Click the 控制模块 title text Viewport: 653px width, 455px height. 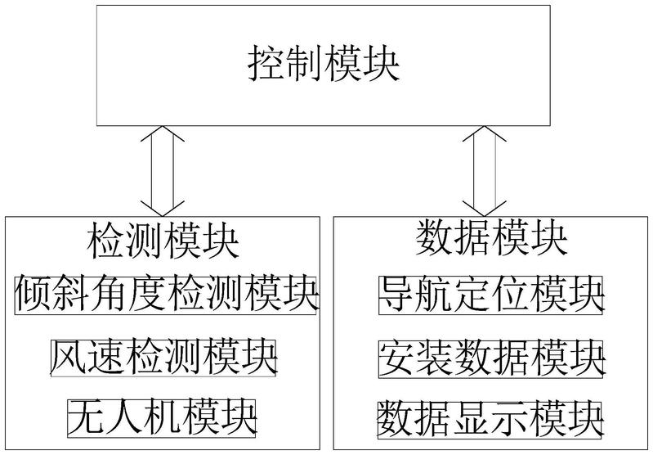[x=324, y=64]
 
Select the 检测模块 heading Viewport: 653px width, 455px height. [x=163, y=240]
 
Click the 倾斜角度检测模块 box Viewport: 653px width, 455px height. [x=166, y=295]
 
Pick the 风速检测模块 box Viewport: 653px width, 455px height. [x=163, y=358]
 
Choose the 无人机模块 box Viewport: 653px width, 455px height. [x=162, y=418]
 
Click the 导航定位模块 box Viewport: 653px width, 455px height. [x=490, y=295]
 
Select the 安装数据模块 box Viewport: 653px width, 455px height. [x=490, y=358]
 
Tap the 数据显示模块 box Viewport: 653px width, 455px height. [x=490, y=419]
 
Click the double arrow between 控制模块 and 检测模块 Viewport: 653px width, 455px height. [x=163, y=171]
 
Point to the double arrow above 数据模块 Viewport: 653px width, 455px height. [x=485, y=171]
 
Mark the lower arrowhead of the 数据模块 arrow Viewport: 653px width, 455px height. [x=485, y=209]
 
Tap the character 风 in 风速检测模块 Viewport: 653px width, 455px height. [x=69, y=358]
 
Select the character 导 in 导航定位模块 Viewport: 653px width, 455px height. [x=397, y=295]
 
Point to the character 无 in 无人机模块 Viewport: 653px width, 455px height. [x=86, y=418]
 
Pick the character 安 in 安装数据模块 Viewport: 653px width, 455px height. [x=397, y=358]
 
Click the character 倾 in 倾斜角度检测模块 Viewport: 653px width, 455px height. [x=34, y=295]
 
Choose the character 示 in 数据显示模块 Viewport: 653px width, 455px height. [x=509, y=419]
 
